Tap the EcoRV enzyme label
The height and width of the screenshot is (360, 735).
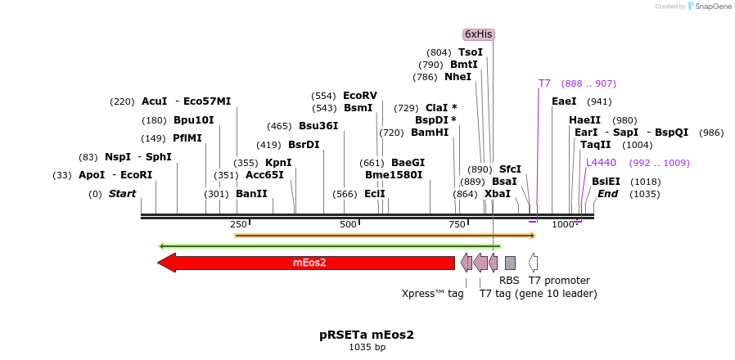coord(360,96)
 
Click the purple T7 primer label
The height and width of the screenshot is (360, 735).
coord(544,83)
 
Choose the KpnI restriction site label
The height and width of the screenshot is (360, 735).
coord(278,163)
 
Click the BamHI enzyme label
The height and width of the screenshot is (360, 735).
coord(430,133)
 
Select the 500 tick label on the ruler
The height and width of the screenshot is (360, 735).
coord(349,225)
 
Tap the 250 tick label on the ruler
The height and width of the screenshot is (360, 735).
coord(238,225)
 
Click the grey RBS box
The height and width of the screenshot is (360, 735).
coord(510,263)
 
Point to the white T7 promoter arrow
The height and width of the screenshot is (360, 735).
coord(533,263)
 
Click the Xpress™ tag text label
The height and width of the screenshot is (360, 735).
coord(432,293)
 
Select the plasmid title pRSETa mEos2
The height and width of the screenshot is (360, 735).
coord(367,335)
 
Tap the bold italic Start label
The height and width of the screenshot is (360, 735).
coord(122,194)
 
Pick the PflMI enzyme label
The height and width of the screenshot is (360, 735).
coord(187,138)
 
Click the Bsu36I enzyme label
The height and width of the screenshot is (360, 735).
coord(318,126)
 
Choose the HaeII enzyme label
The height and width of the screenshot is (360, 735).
coord(584,120)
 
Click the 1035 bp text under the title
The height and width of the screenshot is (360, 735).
coord(367,348)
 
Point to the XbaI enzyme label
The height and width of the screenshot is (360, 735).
coord(497,194)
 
